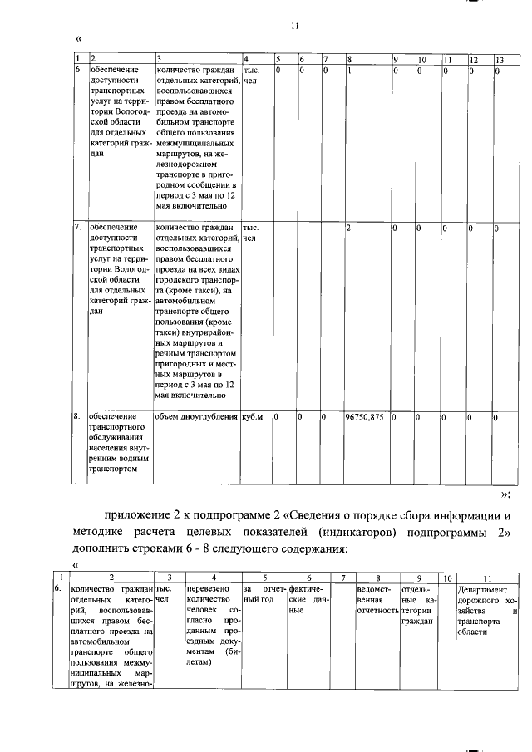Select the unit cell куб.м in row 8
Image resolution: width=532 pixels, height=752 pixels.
(252, 417)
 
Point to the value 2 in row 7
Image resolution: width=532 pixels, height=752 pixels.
(349, 227)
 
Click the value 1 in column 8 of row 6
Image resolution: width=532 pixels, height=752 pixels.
(349, 71)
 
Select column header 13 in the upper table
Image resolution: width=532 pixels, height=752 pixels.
(499, 59)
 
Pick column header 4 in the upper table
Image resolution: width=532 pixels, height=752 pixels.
(246, 59)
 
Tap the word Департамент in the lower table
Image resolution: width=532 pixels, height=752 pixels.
(482, 589)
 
